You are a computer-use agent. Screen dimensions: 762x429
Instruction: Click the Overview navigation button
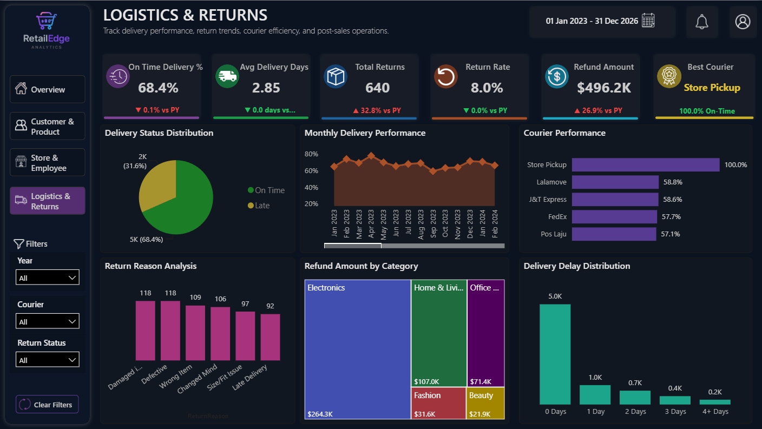pos(47,89)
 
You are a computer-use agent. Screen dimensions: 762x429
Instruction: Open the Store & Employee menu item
pos(47,162)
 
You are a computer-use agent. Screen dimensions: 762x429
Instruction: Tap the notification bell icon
pos(701,22)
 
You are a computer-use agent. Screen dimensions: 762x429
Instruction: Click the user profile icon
pos(743,22)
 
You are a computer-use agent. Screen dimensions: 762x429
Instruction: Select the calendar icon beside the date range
pos(648,21)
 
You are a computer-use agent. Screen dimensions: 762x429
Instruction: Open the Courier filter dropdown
pos(47,321)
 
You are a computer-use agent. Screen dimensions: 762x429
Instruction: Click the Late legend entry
pos(259,206)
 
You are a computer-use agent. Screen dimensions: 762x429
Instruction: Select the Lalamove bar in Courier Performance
pos(615,182)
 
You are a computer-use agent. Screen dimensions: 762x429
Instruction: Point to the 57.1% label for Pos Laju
pos(670,234)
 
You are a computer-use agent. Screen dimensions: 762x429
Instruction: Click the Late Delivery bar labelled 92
pos(270,337)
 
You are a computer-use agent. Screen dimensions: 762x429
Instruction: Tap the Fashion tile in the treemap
pos(438,403)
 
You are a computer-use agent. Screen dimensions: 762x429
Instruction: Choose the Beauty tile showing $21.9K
pos(485,403)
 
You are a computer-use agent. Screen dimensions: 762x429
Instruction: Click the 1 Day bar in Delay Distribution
pos(595,395)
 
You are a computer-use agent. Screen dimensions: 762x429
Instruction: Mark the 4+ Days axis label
pos(715,411)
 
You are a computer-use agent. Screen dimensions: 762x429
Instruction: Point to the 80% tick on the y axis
pos(311,154)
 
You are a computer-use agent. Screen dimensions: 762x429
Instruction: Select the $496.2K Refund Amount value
pos(604,88)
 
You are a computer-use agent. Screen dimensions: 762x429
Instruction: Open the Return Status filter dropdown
pos(47,360)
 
